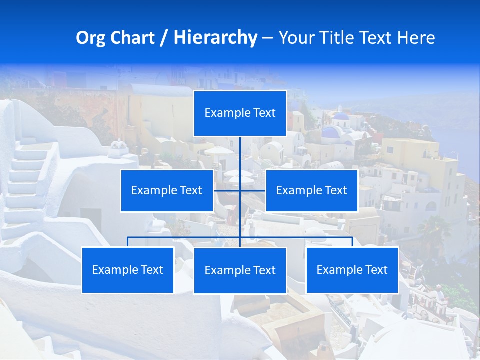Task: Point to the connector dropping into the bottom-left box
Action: point(127,242)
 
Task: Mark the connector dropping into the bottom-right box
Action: point(352,242)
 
